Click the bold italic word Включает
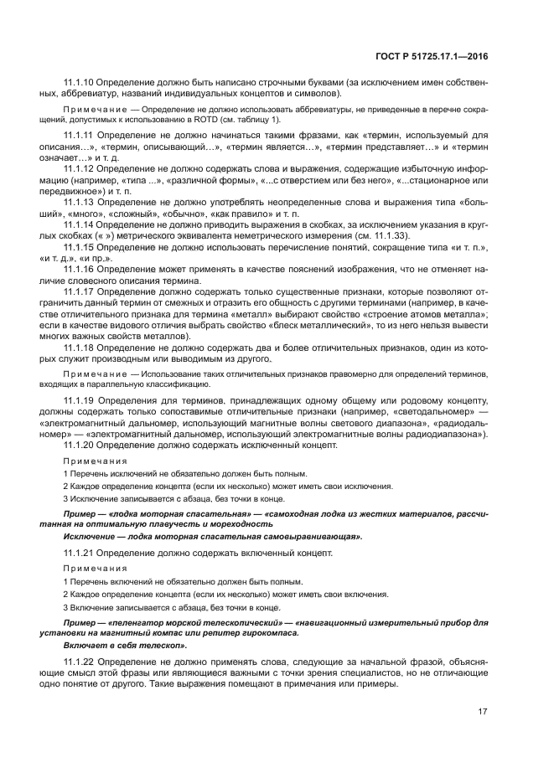tap(85, 646)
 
